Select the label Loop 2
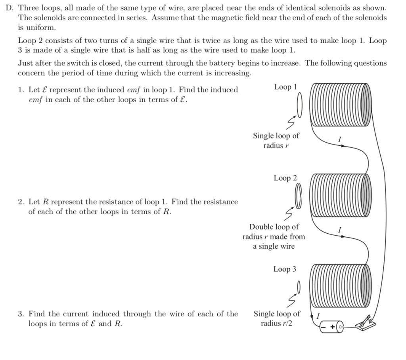pos(285,178)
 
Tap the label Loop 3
pos(284,269)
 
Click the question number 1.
pos(21,90)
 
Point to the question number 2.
pos(21,202)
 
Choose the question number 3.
pos(21,314)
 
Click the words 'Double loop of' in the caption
pos(274,227)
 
